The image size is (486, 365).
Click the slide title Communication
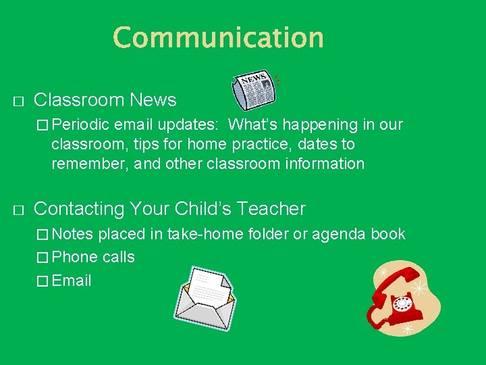(218, 37)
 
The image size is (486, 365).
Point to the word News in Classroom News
(153, 101)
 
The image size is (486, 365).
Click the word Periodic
(80, 124)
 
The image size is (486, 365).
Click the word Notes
(73, 235)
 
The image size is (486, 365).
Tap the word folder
(268, 235)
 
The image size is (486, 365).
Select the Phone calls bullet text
(93, 257)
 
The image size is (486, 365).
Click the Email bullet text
(72, 281)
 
